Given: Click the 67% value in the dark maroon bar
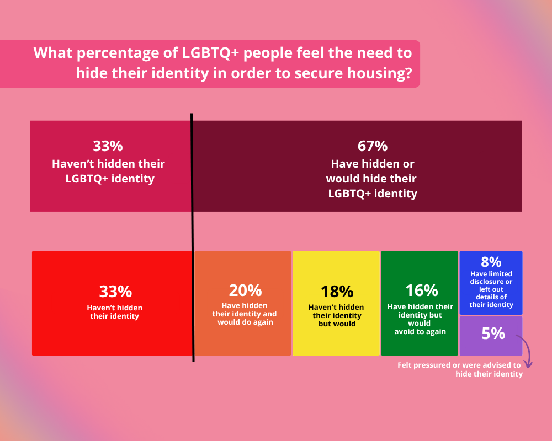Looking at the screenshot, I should pos(373,147).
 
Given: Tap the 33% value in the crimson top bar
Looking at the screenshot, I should pos(108,147).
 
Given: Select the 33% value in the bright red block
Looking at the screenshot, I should pos(115,292).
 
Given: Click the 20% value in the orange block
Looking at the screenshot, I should pos(245,291).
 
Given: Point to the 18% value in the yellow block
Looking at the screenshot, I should pos(337,291).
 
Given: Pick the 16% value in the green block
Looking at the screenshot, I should pos(421,291).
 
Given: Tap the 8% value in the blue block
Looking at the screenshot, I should pos(491,261).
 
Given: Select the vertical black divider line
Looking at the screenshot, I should pos(192,237).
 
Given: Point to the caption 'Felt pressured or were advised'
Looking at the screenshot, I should pos(459,365).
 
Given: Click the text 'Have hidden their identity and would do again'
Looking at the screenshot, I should pos(245,314).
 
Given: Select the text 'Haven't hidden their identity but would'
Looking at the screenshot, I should pos(337,315).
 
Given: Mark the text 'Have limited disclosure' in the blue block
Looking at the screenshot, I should pos(491,278).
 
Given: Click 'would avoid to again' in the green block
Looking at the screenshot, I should pos(421,327).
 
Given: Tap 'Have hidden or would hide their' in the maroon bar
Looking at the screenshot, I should pos(371,171).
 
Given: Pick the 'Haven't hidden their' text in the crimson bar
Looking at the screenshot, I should pos(108,164).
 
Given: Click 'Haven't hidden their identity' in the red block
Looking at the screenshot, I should pos(115,312).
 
